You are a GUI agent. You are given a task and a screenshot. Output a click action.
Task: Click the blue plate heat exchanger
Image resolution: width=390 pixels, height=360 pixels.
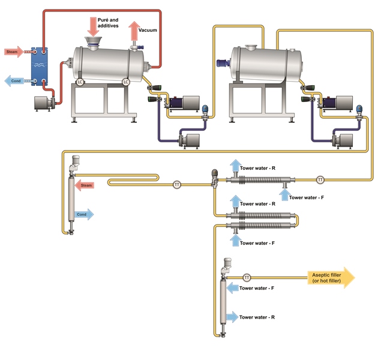click(x=40, y=65)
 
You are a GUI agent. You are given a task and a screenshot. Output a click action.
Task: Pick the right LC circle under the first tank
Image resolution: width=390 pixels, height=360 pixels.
click(x=126, y=81)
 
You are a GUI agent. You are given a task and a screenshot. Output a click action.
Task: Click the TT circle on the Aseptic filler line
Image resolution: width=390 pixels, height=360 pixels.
click(x=247, y=277)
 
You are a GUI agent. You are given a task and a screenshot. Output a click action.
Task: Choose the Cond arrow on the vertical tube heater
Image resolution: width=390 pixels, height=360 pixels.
click(x=84, y=214)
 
